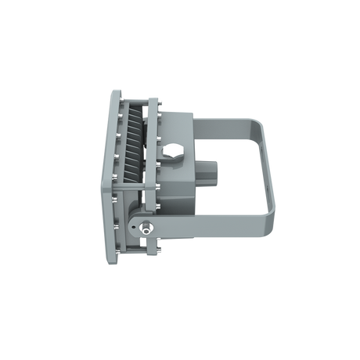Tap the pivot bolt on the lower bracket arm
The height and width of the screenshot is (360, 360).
(147, 228)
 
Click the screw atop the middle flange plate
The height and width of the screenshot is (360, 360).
(157, 99)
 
